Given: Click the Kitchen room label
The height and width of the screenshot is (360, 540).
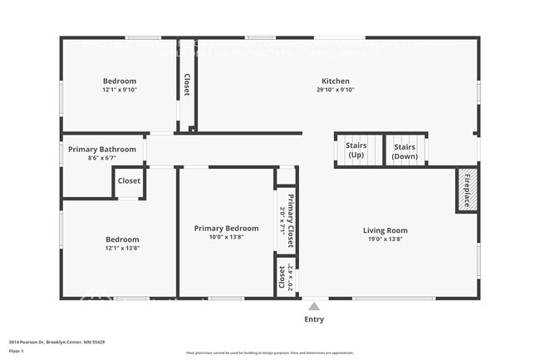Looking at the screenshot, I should (336, 81).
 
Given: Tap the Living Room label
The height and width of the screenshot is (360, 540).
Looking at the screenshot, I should (385, 230).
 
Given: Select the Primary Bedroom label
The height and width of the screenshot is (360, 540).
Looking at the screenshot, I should (226, 228).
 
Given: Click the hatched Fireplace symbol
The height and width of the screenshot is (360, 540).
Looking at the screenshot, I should (465, 191).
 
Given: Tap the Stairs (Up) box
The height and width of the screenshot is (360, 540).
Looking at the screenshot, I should (356, 150).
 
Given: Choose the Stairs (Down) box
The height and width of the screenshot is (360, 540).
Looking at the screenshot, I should (405, 150).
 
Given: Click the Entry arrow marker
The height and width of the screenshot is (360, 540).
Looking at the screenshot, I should (313, 304).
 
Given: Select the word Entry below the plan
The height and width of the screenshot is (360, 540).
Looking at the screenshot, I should (314, 319).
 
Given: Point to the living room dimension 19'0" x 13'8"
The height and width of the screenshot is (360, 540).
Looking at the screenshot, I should (385, 239).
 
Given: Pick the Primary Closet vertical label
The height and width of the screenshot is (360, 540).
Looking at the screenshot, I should (287, 219).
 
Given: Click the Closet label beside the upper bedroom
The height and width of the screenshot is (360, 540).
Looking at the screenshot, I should (187, 86).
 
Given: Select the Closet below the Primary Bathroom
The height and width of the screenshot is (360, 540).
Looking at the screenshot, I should (129, 181).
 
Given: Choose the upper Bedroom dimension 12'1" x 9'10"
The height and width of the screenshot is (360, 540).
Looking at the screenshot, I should (120, 90).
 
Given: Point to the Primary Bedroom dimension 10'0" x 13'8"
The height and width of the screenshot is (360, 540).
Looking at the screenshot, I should (226, 237).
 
